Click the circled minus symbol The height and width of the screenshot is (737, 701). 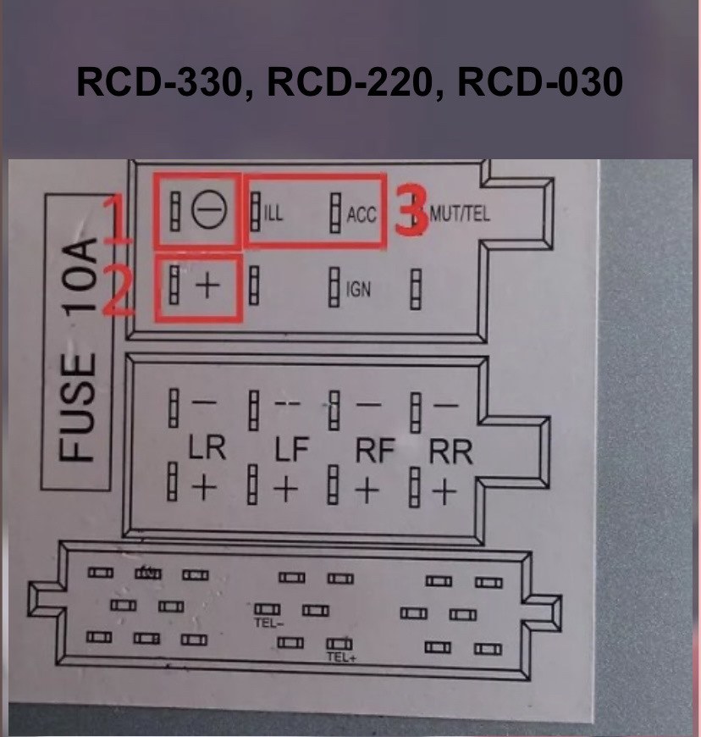205,213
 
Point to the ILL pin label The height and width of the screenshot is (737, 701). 273,213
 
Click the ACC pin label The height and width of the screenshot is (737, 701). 362,214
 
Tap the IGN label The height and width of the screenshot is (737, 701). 359,291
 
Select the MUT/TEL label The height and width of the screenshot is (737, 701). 460,214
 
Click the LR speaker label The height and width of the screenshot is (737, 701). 207,449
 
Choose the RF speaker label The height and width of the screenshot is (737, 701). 374,452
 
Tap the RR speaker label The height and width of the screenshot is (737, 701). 450,452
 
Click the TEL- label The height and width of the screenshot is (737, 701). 268,623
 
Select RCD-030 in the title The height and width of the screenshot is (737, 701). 543,83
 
